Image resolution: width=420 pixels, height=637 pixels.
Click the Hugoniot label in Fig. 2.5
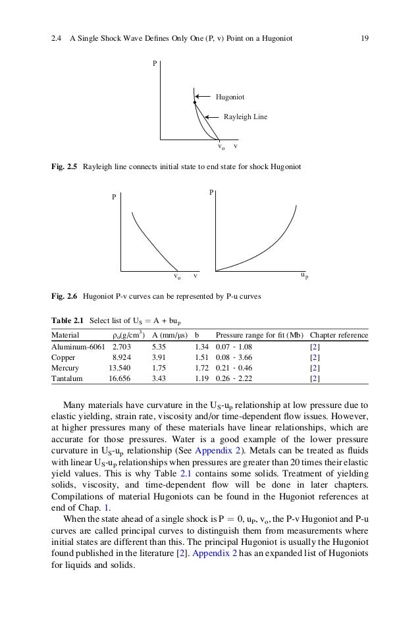tap(230, 97)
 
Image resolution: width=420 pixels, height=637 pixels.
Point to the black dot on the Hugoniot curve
tap(195, 103)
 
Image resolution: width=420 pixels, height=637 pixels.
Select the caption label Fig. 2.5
tap(65, 167)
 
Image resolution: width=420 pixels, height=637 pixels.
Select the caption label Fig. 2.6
tap(65, 297)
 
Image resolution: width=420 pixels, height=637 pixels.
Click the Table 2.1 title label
tap(68, 320)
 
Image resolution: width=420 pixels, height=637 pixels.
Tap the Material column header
tap(65, 334)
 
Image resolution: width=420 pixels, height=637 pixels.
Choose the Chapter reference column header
tap(338, 334)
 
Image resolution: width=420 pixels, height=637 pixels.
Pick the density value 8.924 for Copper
tap(124, 357)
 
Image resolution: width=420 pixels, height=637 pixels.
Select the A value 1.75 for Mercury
tap(159, 368)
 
